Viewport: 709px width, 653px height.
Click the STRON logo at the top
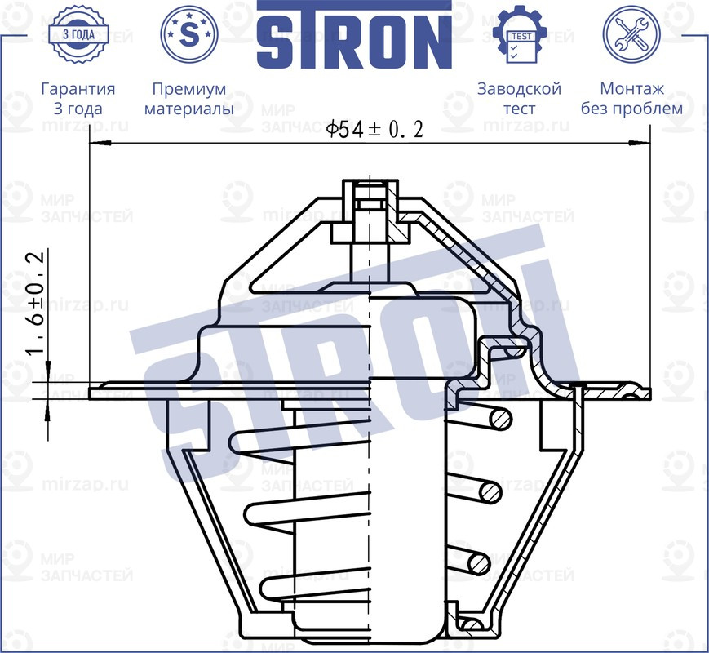[354, 34]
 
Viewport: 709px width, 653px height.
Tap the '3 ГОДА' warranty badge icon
[78, 34]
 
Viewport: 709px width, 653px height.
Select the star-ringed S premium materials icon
[189, 34]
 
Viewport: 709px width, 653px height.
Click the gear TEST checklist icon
[519, 34]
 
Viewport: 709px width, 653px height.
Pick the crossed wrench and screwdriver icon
[631, 34]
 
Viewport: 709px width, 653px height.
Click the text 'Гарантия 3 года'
[78, 98]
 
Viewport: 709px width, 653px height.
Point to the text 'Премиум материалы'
[189, 98]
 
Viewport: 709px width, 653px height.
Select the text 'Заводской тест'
[519, 98]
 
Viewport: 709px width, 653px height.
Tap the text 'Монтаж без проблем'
[631, 98]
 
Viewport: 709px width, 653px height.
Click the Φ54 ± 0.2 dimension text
[374, 129]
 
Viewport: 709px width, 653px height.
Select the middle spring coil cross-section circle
[490, 491]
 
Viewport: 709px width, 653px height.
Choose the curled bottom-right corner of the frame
[469, 624]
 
